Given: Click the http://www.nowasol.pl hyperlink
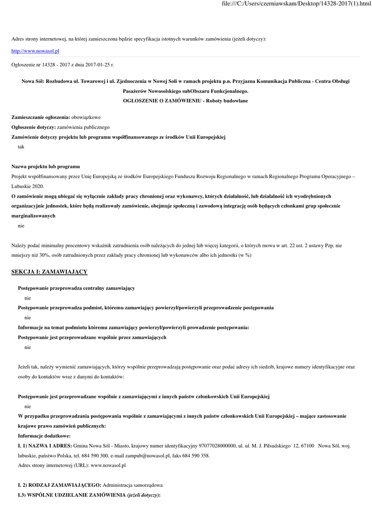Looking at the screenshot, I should tap(35, 51).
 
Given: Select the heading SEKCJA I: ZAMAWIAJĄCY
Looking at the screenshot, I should tap(49, 271).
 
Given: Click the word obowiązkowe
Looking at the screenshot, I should tap(86, 117).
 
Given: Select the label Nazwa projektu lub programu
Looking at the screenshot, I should tap(45, 167).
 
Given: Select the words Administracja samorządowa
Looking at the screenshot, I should tap(133, 485).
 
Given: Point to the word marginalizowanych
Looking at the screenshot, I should tap(33, 216).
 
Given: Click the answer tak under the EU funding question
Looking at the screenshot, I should tap(21, 147).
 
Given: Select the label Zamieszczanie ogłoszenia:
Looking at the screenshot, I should tap(41, 117).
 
